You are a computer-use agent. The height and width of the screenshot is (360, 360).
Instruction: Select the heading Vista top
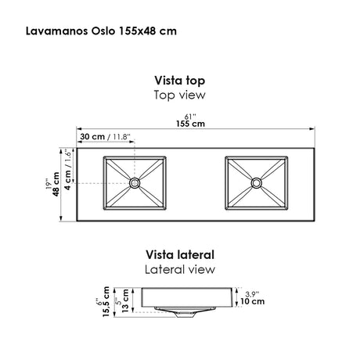coord(180,80)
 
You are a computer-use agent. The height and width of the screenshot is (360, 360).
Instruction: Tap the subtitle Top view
coord(180,95)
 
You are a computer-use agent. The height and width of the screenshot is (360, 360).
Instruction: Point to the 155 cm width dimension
coord(191,124)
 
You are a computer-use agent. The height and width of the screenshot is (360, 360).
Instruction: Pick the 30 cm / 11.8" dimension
coord(109,139)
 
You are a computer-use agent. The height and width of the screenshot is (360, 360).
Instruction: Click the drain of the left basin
coord(135,183)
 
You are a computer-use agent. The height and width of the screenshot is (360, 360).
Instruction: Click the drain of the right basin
coord(257,184)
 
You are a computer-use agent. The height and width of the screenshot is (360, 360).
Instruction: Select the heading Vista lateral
coord(180,254)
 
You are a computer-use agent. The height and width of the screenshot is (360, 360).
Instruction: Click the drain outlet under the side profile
coord(184,315)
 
